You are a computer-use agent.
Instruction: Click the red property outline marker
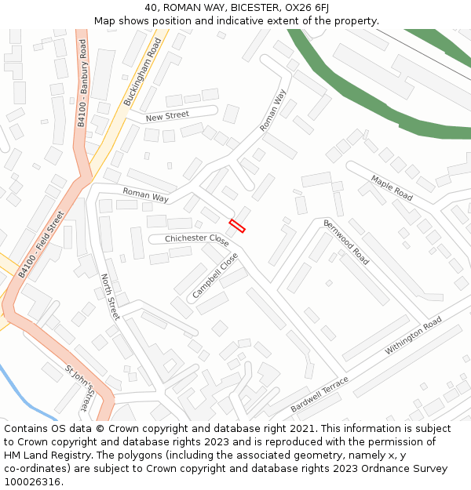[x=237, y=226]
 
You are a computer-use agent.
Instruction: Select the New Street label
[x=167, y=116]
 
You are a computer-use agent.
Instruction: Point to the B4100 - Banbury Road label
[x=83, y=82]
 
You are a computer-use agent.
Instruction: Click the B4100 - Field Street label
[x=42, y=245]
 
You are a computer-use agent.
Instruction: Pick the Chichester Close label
[x=196, y=239]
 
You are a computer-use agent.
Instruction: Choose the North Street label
[x=110, y=296]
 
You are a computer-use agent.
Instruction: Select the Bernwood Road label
[x=346, y=242]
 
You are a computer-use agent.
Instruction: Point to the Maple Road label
[x=392, y=188]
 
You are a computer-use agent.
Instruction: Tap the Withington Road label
[x=413, y=336]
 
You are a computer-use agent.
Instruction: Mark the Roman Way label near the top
[x=274, y=110]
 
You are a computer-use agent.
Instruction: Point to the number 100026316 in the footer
[x=32, y=481]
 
